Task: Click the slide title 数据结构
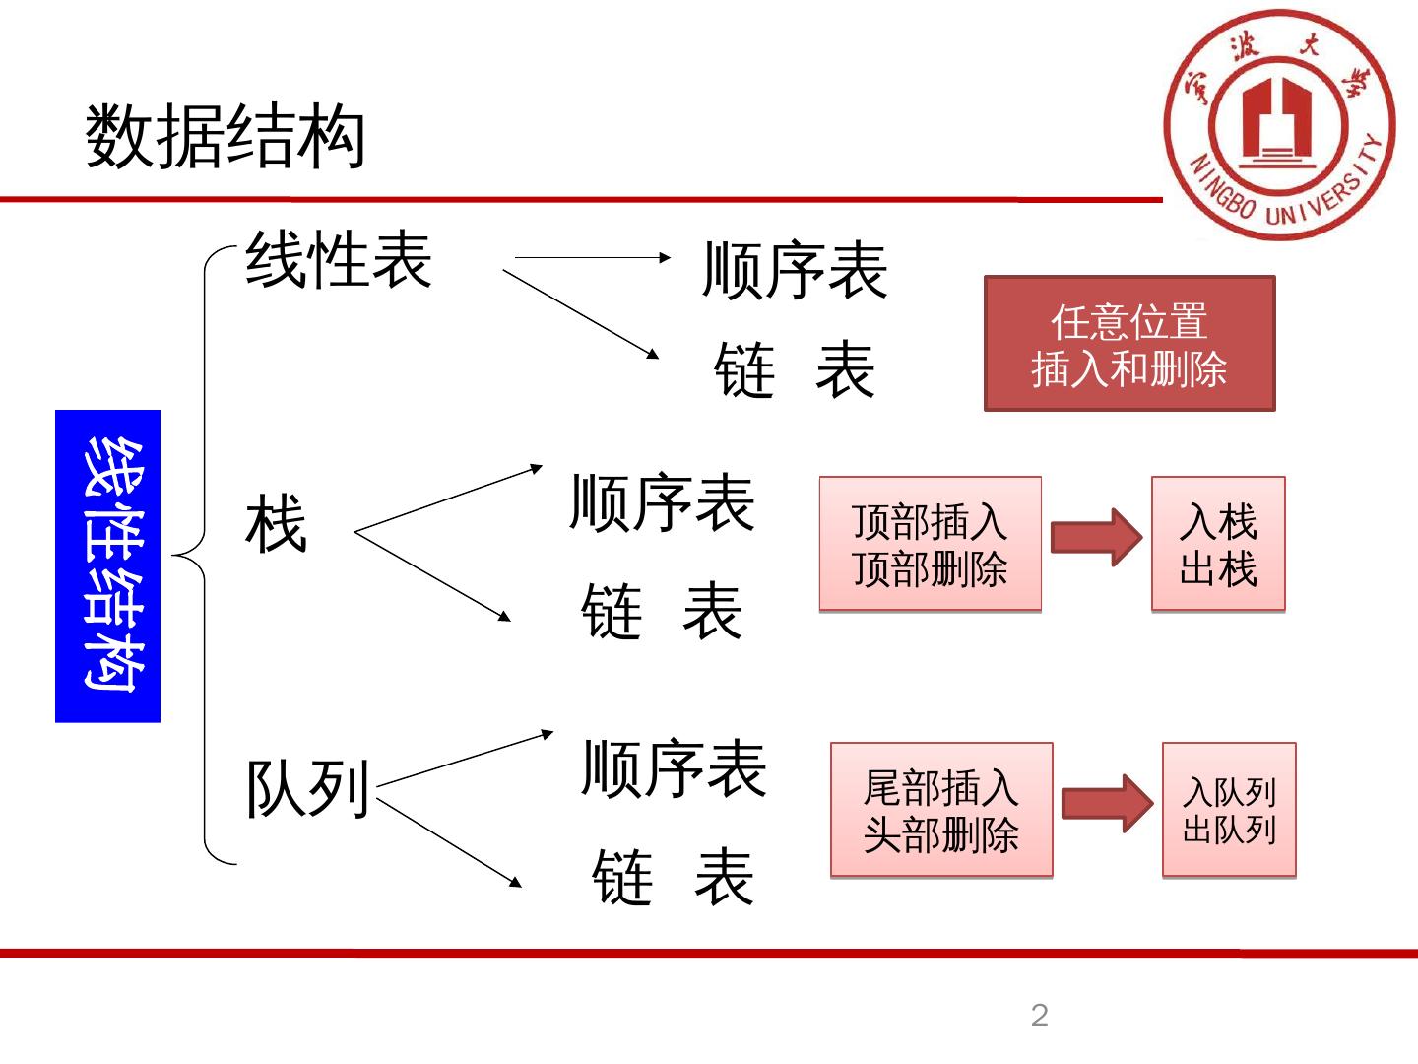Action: pyautogui.click(x=226, y=137)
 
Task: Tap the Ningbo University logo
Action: pyautogui.click(x=1279, y=124)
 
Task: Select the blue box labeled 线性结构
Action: pyautogui.click(x=107, y=565)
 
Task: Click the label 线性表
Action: pyautogui.click(x=339, y=260)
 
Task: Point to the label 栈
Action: pyautogui.click(x=277, y=524)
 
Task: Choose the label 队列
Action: pyautogui.click(x=307, y=789)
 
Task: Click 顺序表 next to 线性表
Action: pyautogui.click(x=795, y=270)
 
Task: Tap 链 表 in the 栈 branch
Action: pyautogui.click(x=662, y=611)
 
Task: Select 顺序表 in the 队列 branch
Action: pyautogui.click(x=675, y=768)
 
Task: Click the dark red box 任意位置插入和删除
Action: pyautogui.click(x=1129, y=344)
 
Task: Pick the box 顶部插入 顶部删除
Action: pyautogui.click(x=930, y=544)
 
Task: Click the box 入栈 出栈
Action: pyautogui.click(x=1218, y=544)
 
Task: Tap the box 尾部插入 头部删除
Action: pyautogui.click(x=941, y=810)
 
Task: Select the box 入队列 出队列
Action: pyautogui.click(x=1229, y=810)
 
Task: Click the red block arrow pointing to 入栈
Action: pyautogui.click(x=1096, y=538)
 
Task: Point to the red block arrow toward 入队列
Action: pyautogui.click(x=1107, y=804)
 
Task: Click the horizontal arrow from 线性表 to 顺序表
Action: pyautogui.click(x=591, y=257)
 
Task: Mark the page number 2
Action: pyautogui.click(x=1040, y=1015)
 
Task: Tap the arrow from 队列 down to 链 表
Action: pyautogui.click(x=449, y=842)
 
